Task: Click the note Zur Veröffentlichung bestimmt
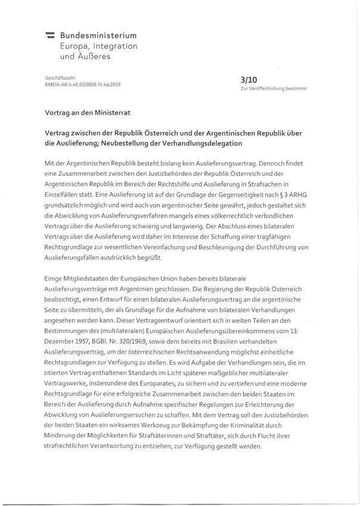click(x=274, y=88)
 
